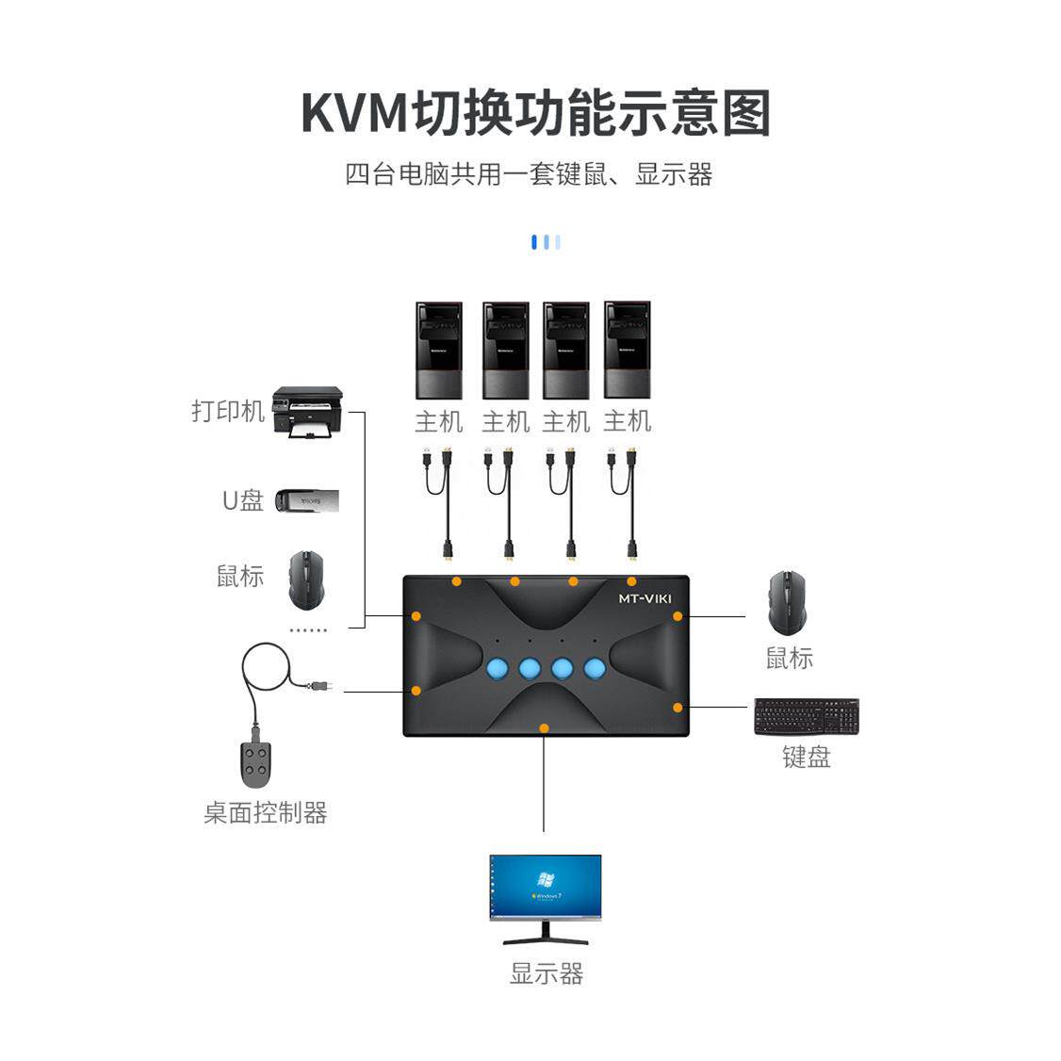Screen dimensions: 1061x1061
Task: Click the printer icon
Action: [307, 413]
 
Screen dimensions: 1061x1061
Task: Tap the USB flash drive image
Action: [306, 500]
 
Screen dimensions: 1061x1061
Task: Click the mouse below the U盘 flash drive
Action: [305, 579]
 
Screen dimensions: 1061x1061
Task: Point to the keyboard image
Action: [807, 717]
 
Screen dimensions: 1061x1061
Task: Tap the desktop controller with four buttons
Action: [255, 764]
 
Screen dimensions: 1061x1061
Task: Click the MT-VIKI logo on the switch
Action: [645, 598]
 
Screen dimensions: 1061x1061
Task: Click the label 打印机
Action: [228, 411]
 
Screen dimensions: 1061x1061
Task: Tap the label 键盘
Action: [807, 757]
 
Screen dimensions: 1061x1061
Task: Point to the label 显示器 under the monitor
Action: [547, 973]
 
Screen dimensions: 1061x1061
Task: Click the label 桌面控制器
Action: [266, 812]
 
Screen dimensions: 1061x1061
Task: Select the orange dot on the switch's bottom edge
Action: [544, 728]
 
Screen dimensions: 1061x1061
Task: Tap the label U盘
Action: [242, 500]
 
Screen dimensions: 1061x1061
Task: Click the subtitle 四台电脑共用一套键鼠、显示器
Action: [529, 175]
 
